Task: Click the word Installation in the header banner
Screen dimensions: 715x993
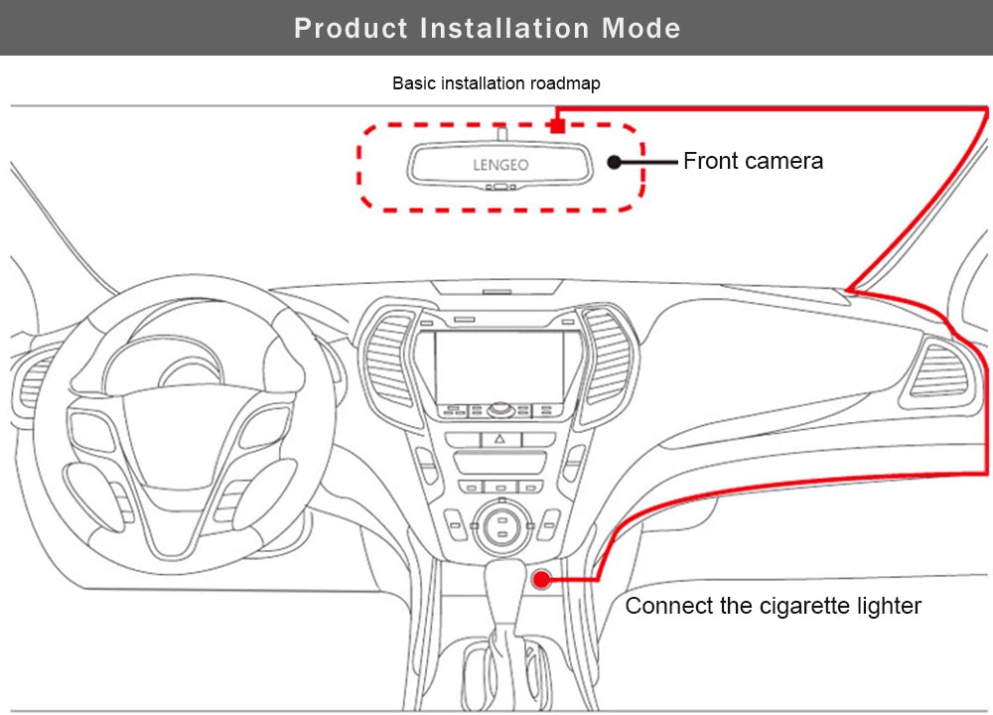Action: pyautogui.click(x=505, y=28)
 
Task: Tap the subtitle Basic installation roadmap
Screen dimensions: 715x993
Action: pyautogui.click(x=496, y=83)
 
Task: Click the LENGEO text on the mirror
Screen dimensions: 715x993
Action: pyautogui.click(x=500, y=165)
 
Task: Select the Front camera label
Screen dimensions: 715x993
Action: pyautogui.click(x=753, y=161)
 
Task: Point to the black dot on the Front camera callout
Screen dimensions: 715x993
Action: pyautogui.click(x=614, y=162)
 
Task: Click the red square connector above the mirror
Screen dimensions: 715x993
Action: pyautogui.click(x=557, y=125)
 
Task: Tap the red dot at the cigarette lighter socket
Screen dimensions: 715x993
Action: pyautogui.click(x=541, y=578)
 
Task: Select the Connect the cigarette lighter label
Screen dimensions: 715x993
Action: pyautogui.click(x=773, y=606)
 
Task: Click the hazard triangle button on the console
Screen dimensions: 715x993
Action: pyautogui.click(x=499, y=438)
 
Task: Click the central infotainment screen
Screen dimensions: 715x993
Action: pyautogui.click(x=498, y=366)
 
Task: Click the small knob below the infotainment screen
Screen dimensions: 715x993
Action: pyautogui.click(x=499, y=408)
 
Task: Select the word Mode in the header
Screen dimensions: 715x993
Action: pyautogui.click(x=641, y=28)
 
